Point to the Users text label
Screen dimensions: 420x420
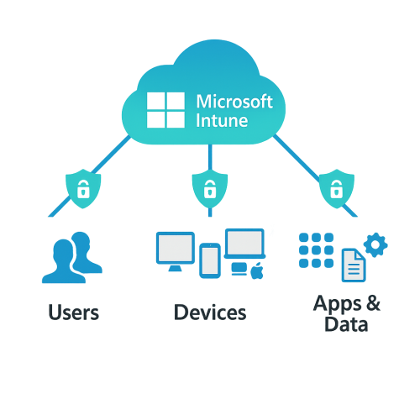click(x=74, y=312)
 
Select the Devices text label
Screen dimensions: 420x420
click(x=210, y=312)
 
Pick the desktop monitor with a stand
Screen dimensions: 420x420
click(x=176, y=251)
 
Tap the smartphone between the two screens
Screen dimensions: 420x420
click(x=210, y=260)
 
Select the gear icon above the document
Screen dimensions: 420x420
click(x=376, y=244)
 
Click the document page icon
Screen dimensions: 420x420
click(x=354, y=265)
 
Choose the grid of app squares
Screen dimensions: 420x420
click(x=316, y=249)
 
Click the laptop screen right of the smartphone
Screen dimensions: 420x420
click(x=244, y=244)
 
